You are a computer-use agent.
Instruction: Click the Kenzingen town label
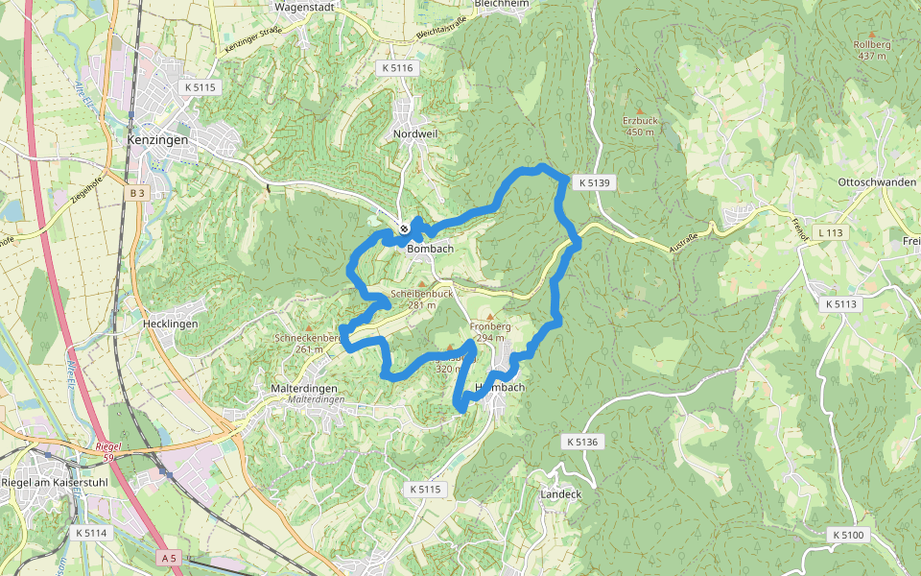point(157,139)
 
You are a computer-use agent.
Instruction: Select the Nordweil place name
point(415,133)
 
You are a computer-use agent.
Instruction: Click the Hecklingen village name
point(169,324)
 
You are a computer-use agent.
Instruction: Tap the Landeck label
point(561,494)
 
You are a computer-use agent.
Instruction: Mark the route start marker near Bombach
point(405,228)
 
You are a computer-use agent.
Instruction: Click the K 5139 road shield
point(594,181)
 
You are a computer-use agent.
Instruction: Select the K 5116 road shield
point(396,68)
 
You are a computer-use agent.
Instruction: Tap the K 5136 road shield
point(581,442)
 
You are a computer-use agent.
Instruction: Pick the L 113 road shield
point(830,233)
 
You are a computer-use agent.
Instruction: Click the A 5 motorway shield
point(170,558)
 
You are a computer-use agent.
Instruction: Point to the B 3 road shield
point(137,193)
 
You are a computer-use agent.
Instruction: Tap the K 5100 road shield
point(848,534)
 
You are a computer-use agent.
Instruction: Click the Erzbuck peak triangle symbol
point(639,111)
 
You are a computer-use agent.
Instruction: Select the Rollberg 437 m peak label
point(872,50)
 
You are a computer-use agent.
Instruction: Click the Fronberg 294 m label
point(490,332)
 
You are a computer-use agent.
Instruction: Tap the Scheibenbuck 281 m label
point(421,300)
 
